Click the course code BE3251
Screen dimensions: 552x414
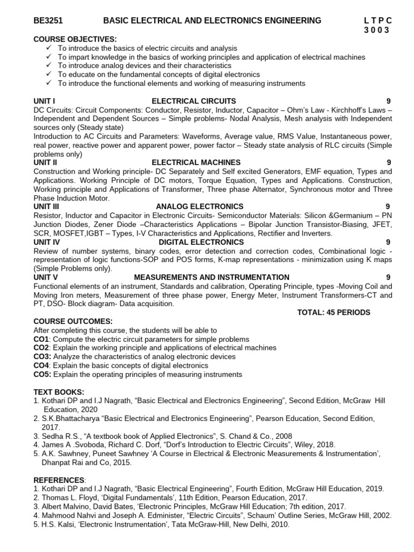[x=48, y=20]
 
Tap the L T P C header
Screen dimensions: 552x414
[x=378, y=20]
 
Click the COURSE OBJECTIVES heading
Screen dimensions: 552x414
[x=75, y=39]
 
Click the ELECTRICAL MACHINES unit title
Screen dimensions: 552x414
[x=196, y=162]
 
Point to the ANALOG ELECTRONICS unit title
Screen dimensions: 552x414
[x=199, y=206]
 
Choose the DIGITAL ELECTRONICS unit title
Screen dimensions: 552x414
[x=201, y=242]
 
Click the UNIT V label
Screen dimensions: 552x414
[x=45, y=277]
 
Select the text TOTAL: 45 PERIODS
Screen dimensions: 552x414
[x=334, y=312]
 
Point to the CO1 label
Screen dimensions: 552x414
[x=42, y=339]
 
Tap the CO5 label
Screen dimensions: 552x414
[x=42, y=374]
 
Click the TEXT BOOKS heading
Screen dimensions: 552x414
[x=59, y=391]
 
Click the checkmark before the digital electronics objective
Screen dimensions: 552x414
[x=49, y=74]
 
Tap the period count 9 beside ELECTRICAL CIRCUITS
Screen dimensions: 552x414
[x=389, y=101]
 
